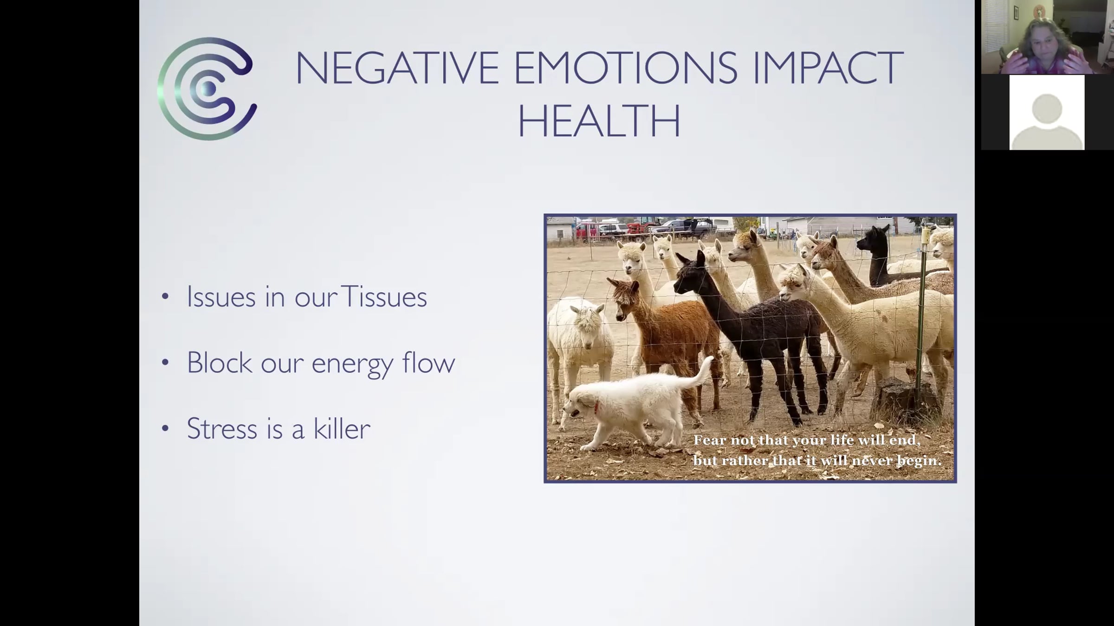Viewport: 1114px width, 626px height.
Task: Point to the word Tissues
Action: pos(384,297)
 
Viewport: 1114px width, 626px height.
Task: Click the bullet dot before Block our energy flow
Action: pos(165,363)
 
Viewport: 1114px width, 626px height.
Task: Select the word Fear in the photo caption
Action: pos(710,440)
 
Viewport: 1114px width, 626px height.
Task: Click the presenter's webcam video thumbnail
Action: pos(1047,37)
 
